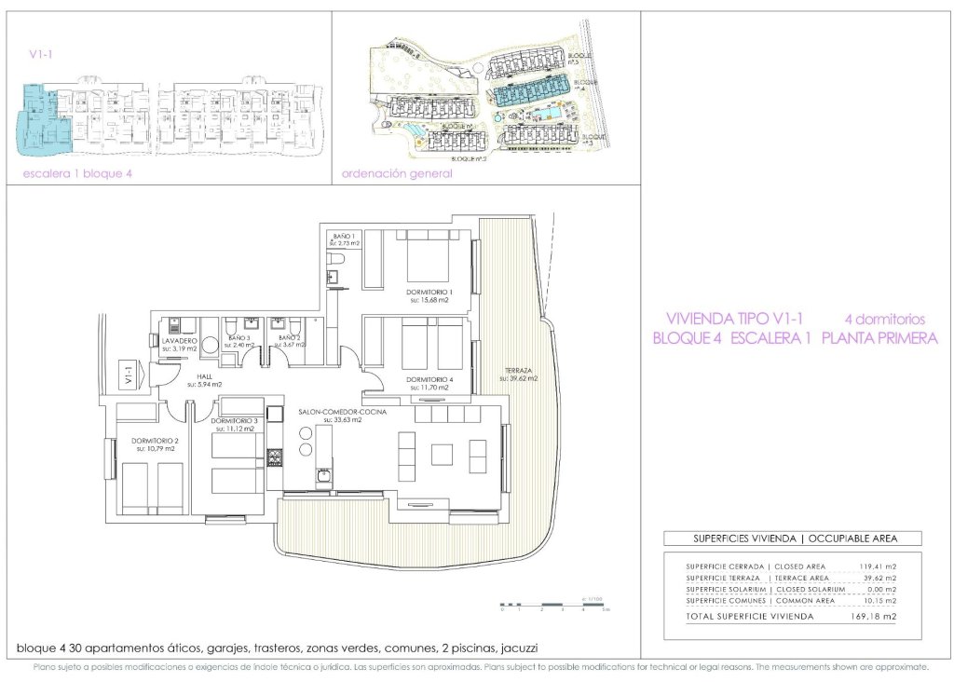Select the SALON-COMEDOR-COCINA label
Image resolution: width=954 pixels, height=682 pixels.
[342, 413]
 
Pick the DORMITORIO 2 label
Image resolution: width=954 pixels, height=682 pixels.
[155, 443]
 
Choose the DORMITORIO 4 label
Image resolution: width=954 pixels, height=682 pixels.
[429, 380]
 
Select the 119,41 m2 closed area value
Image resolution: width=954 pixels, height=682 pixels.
[876, 566]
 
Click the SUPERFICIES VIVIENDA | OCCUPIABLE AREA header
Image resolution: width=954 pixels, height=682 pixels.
[793, 539]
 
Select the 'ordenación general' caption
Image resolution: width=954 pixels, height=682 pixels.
[397, 174]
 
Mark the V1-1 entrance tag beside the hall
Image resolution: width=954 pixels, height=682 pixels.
[128, 376]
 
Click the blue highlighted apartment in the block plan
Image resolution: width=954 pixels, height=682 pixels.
[41, 119]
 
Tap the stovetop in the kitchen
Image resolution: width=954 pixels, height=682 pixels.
[275, 457]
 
